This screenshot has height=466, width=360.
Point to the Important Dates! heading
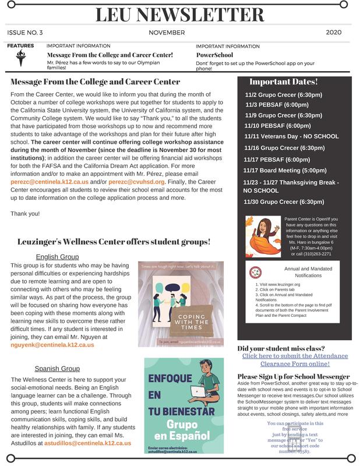coord(283,82)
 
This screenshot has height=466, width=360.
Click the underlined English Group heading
coord(58,257)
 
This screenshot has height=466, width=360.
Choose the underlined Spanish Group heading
coord(58,369)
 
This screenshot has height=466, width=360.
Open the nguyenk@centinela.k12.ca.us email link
coord(53,345)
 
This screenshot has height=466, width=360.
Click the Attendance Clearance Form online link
coord(294,360)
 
